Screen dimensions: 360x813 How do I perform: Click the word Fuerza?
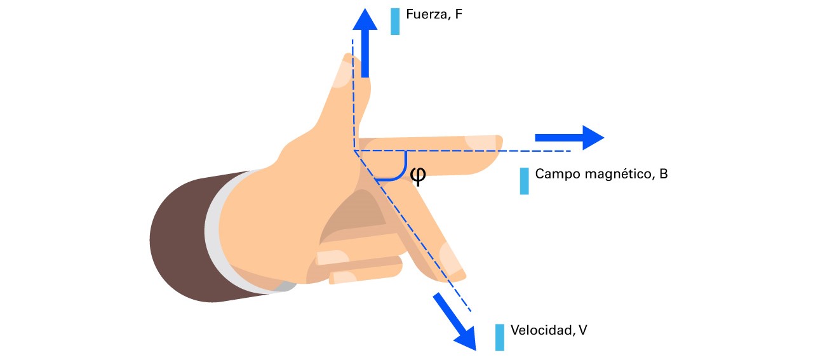coord(426,14)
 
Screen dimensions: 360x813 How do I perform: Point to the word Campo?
coord(555,174)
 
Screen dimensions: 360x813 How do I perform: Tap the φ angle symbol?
coord(417,175)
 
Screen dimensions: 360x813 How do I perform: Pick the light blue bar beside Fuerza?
coord(395,21)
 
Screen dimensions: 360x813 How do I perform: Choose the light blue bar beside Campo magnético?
coord(524,181)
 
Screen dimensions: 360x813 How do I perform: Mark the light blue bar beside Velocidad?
coord(500,337)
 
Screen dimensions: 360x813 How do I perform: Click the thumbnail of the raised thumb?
coord(340,72)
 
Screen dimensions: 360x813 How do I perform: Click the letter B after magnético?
coord(663,174)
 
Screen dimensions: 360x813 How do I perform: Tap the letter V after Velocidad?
coord(583,330)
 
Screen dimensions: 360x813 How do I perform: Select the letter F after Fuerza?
coord(458,14)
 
